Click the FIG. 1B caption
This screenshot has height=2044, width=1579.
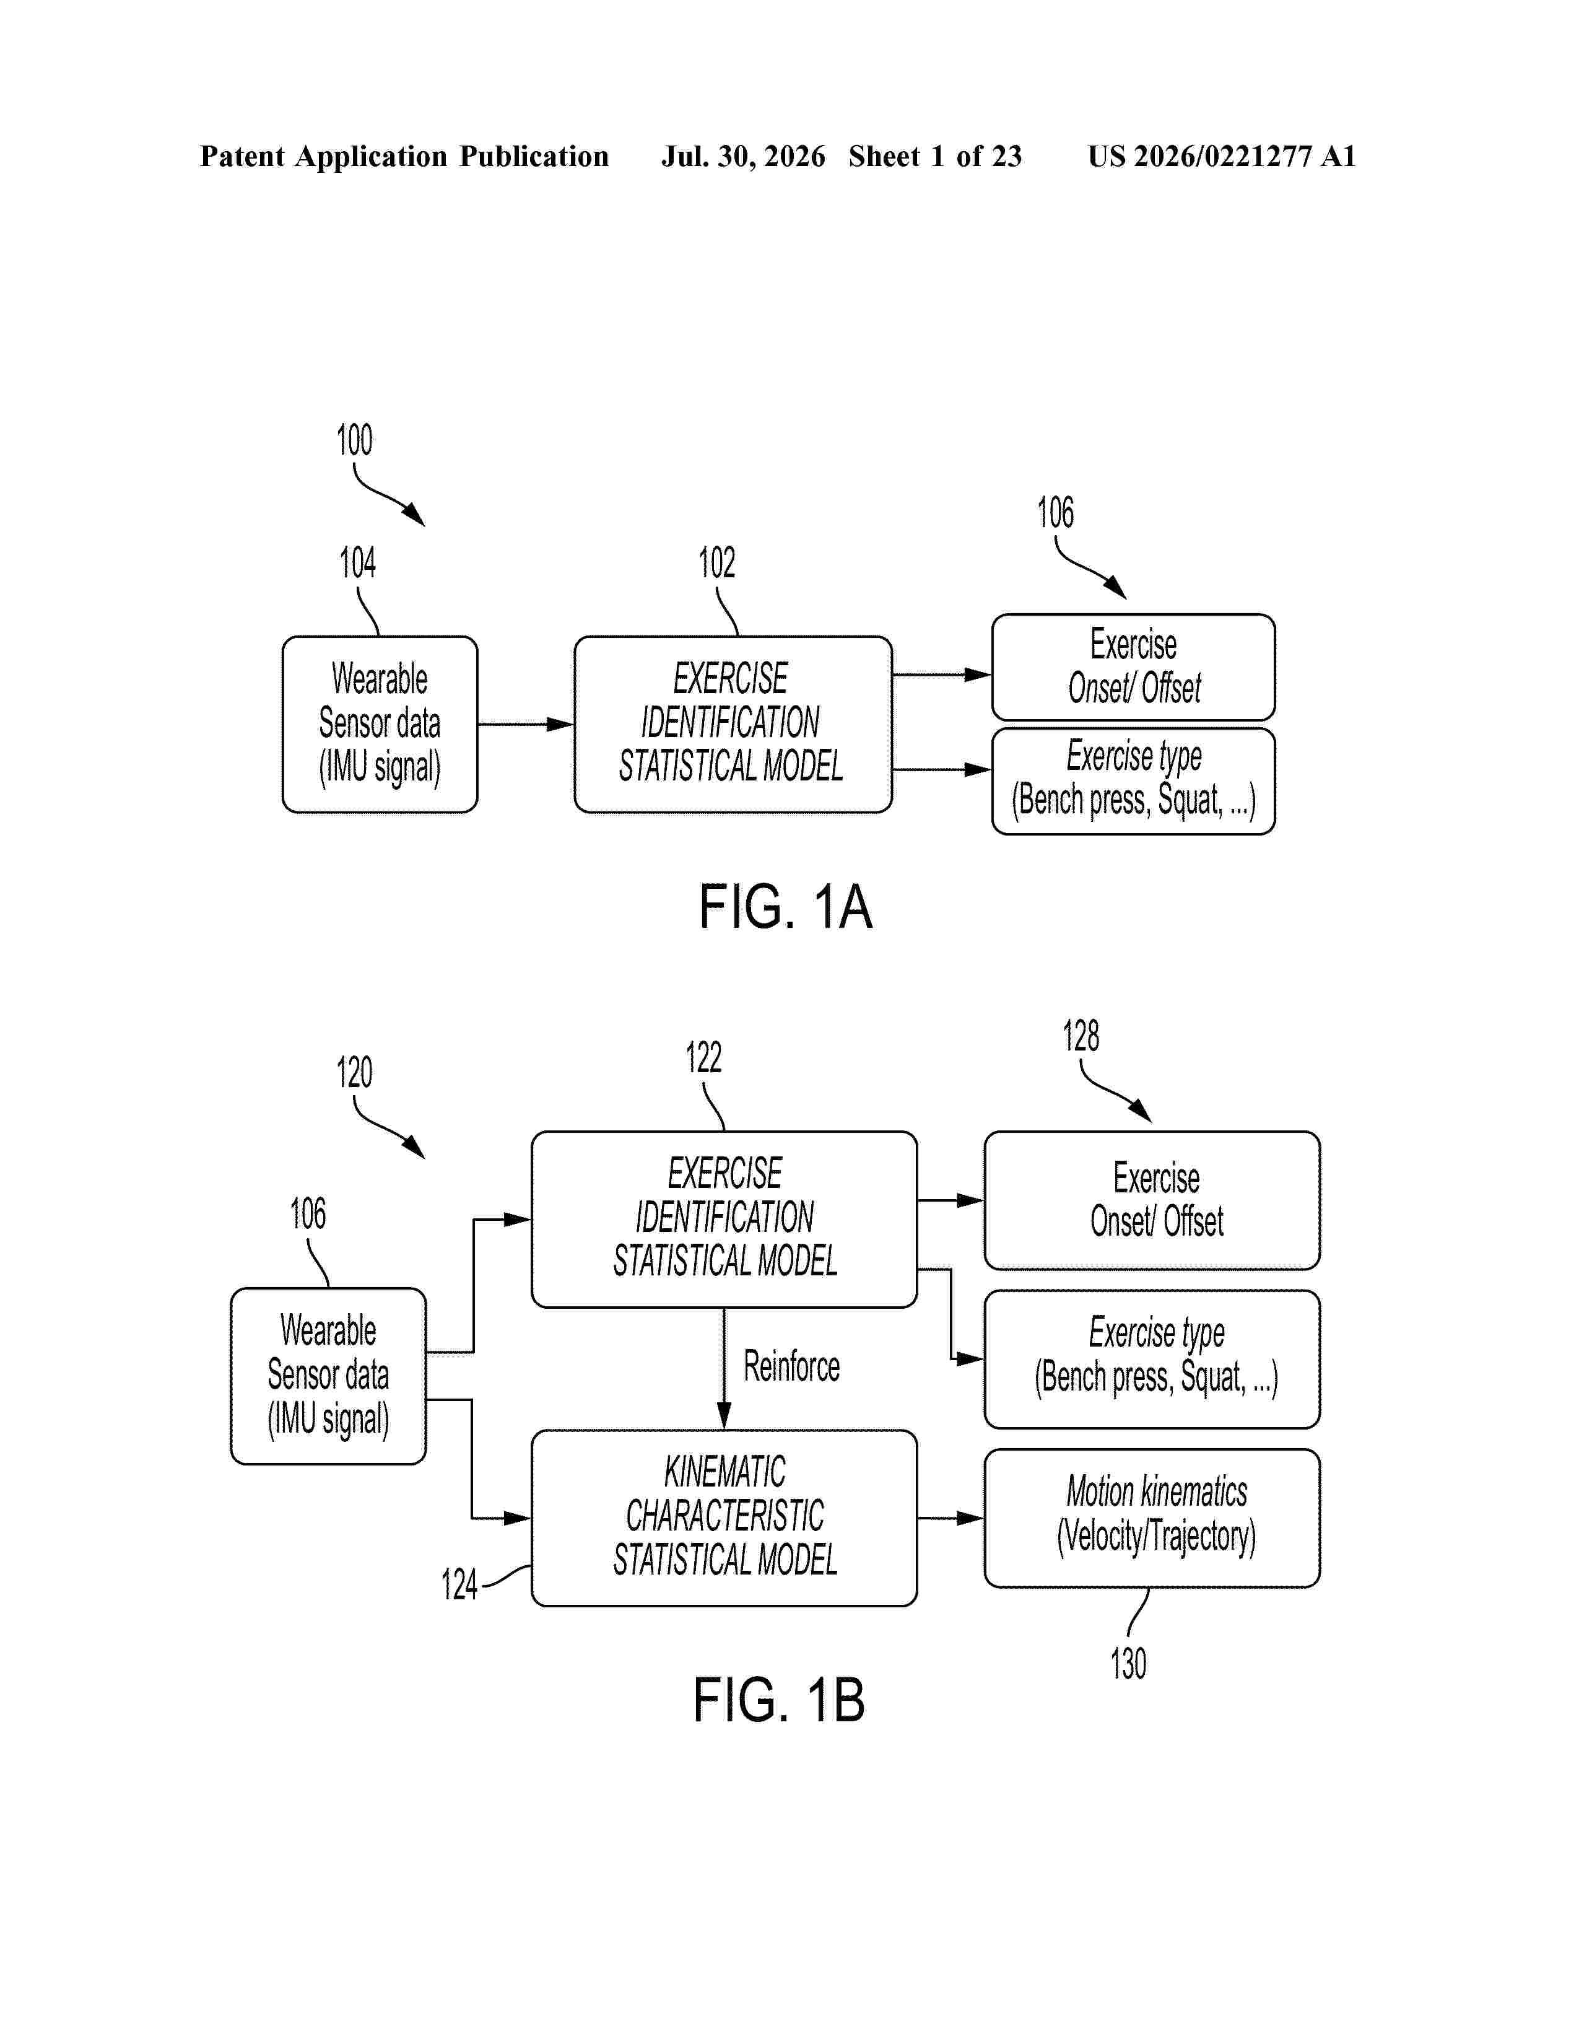click(779, 1700)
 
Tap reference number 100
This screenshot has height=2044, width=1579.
click(355, 440)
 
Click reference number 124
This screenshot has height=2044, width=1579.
click(459, 1584)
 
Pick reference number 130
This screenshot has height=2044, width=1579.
click(1128, 1663)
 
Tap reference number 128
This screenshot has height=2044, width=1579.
click(1081, 1036)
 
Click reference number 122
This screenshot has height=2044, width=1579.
click(703, 1057)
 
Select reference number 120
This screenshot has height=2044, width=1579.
click(355, 1073)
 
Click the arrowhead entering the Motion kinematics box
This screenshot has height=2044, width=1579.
click(970, 1518)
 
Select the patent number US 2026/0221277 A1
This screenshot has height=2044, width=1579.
click(1222, 156)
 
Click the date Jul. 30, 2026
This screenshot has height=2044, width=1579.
click(744, 156)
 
